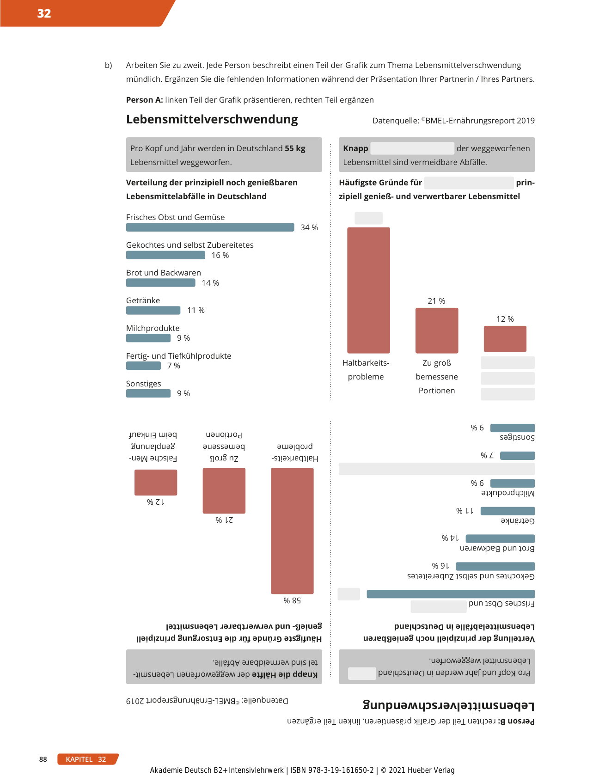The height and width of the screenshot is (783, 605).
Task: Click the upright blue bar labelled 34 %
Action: (x=210, y=227)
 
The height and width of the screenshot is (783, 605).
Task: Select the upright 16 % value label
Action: (x=220, y=255)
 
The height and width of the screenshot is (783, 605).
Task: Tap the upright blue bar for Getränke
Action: (x=153, y=310)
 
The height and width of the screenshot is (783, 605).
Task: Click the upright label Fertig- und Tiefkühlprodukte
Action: (x=178, y=356)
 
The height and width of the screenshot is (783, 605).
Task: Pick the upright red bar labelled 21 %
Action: (x=436, y=330)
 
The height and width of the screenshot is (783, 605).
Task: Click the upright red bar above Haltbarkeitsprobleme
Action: (x=368, y=290)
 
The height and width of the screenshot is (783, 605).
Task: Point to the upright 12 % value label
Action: (x=505, y=319)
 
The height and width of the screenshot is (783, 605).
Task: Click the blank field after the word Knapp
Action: (x=412, y=148)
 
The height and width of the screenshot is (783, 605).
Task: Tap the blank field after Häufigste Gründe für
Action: (x=469, y=183)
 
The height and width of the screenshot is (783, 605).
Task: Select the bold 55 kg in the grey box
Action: (x=295, y=148)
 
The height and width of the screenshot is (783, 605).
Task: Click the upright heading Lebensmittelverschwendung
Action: (x=212, y=119)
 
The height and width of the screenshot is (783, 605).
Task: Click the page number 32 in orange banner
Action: (x=44, y=13)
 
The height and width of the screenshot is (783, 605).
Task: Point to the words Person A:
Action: (x=144, y=100)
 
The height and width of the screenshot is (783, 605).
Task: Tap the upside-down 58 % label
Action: (x=292, y=600)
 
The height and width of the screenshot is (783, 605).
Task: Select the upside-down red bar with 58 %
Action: (x=292, y=531)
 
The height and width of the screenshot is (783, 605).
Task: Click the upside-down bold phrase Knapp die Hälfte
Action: (x=285, y=674)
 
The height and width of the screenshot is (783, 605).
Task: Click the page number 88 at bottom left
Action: (x=43, y=759)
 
